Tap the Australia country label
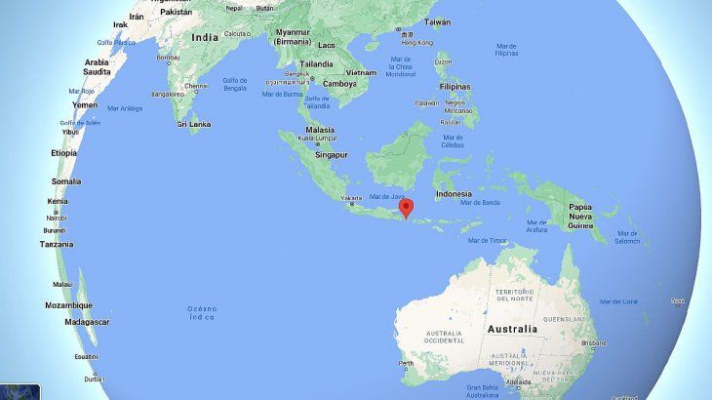[x=512, y=329]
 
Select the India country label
[x=205, y=37]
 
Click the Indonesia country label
[x=453, y=193]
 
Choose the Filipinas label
[x=455, y=86]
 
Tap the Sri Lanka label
[x=194, y=124]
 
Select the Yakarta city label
[x=351, y=199]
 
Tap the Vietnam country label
[x=360, y=72]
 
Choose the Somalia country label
[x=66, y=181]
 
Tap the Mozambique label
[x=69, y=304]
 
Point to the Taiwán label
[x=437, y=21]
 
